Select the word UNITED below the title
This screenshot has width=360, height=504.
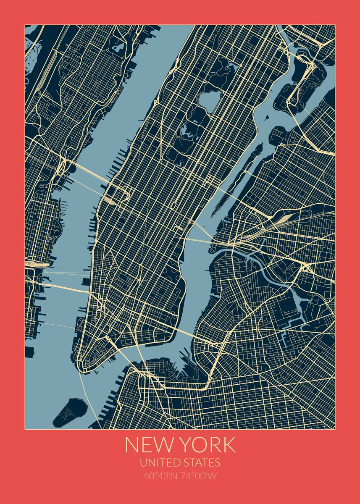[160, 462]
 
